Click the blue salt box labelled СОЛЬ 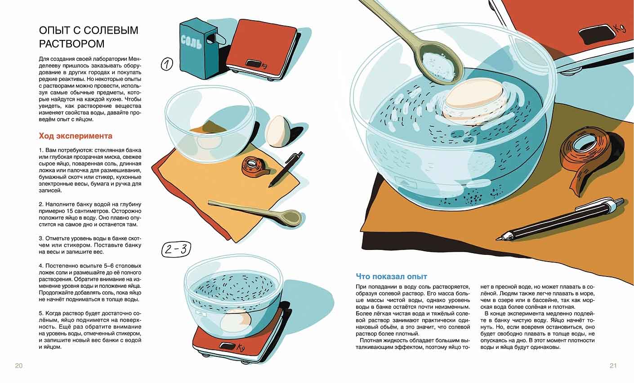point(195,48)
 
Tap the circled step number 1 point(167,64)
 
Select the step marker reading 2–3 point(176,249)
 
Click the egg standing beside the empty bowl point(278,131)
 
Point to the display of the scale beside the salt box point(253,63)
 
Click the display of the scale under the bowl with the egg point(227,346)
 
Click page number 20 point(19,366)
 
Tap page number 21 point(613,366)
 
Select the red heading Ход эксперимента point(76,136)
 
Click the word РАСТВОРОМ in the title point(71,44)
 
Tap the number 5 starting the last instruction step point(40,313)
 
